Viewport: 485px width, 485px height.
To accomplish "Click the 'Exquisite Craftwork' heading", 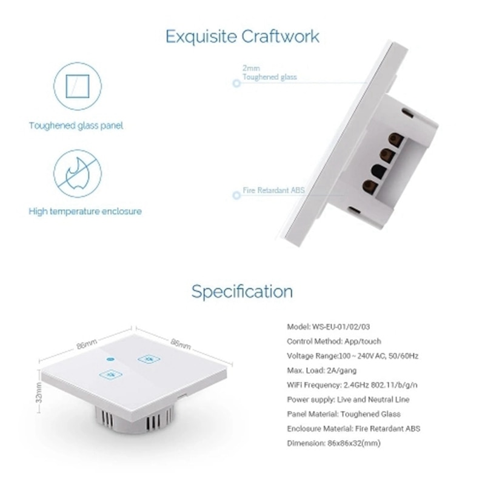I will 242,36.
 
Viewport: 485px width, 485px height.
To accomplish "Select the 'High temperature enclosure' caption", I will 85,212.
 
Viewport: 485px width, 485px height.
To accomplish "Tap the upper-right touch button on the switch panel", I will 145,359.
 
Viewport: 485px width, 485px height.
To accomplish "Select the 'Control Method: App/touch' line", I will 333,341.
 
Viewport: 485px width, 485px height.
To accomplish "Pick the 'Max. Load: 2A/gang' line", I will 323,370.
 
